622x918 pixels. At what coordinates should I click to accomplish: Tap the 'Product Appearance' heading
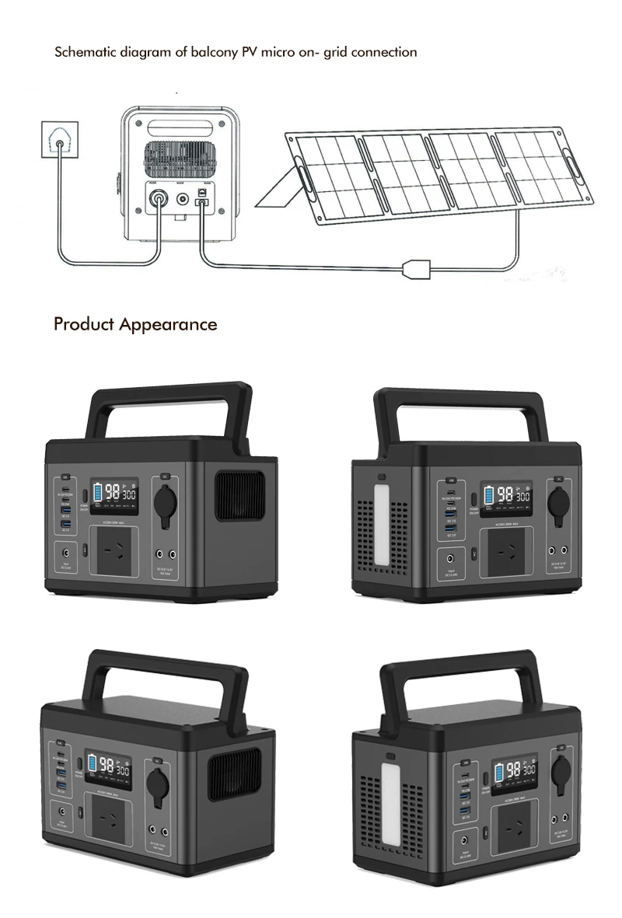pos(135,324)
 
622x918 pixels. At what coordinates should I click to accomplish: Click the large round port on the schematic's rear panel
pos(159,201)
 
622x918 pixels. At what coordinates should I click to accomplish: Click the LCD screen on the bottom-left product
pos(109,771)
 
